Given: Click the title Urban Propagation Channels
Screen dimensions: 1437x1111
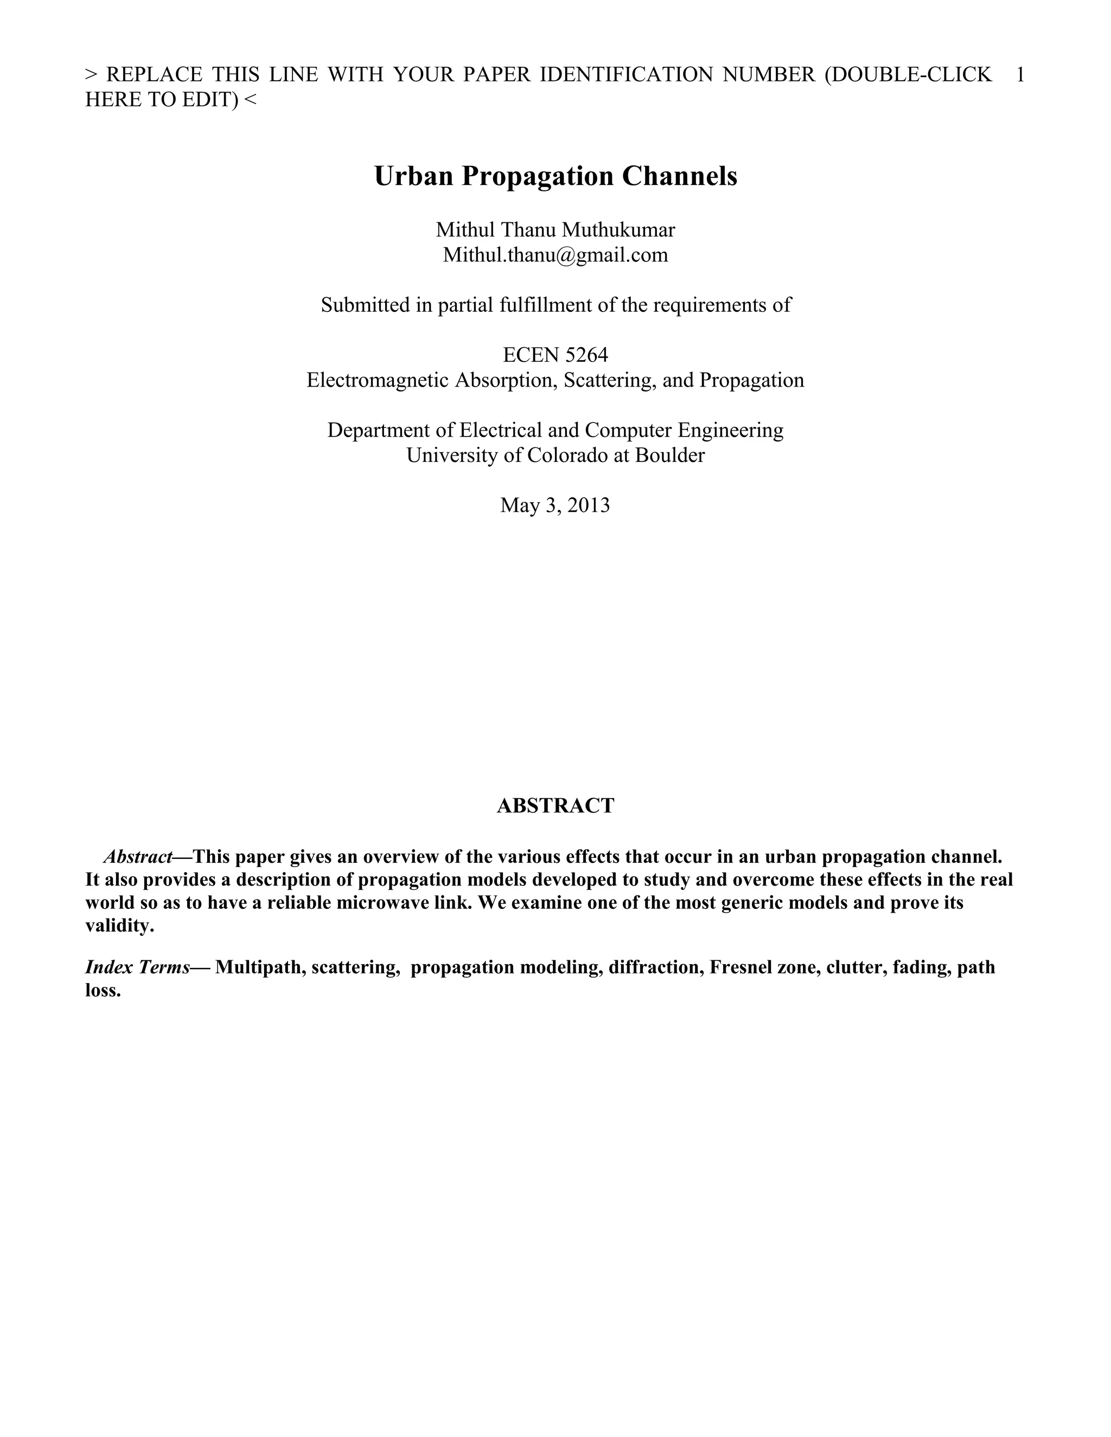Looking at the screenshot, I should [x=555, y=176].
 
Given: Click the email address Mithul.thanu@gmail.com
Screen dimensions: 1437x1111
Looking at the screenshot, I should [x=555, y=255].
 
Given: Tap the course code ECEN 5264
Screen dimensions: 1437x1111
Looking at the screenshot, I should [x=555, y=355].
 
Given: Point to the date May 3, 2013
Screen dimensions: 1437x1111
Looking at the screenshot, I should [x=555, y=505].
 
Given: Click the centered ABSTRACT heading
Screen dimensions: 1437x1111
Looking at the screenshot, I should [x=555, y=805].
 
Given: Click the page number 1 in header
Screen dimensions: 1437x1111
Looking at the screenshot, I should [x=1019, y=75].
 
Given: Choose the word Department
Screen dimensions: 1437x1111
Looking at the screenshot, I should [x=380, y=431].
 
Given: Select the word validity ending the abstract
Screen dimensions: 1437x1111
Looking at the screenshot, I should [x=119, y=926].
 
